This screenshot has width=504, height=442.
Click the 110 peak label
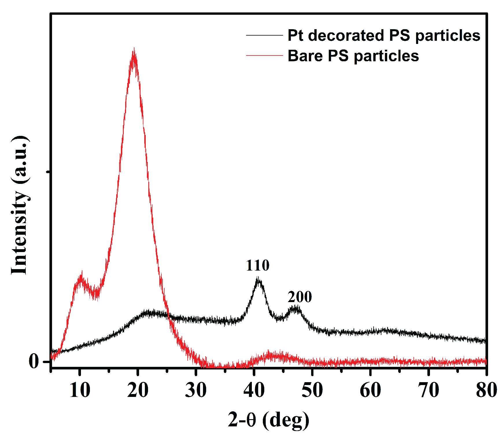pyautogui.click(x=258, y=265)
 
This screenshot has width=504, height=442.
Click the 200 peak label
pyautogui.click(x=300, y=297)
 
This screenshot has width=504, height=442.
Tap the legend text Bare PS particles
pyautogui.click(x=353, y=56)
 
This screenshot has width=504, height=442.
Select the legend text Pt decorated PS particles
pyautogui.click(x=384, y=35)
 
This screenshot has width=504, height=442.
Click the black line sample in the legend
pyautogui.click(x=264, y=35)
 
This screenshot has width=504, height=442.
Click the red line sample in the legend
pyautogui.click(x=264, y=55)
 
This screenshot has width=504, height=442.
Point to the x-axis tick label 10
pyautogui.click(x=80, y=390)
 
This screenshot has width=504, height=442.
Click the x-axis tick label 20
pyautogui.click(x=138, y=390)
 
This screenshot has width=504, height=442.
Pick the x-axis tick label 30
pyautogui.click(x=196, y=390)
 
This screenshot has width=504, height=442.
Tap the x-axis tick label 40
pyautogui.click(x=254, y=390)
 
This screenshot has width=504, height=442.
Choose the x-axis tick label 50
pyautogui.click(x=312, y=390)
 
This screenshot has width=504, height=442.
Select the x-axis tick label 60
pyautogui.click(x=370, y=390)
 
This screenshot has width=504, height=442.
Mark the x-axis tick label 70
pyautogui.click(x=429, y=390)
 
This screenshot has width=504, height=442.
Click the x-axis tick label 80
pyautogui.click(x=486, y=390)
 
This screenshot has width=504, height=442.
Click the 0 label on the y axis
pyautogui.click(x=34, y=361)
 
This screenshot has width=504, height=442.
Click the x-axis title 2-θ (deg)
pyautogui.click(x=269, y=420)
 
